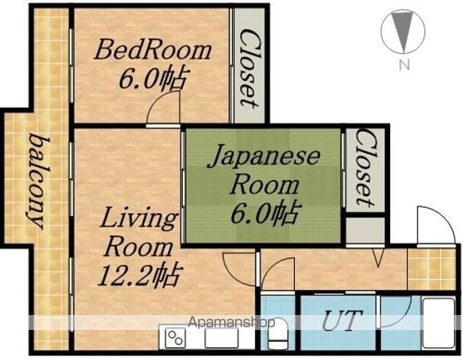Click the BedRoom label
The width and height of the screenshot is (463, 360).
(x=152, y=50)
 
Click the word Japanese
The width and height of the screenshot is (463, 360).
(x=263, y=157)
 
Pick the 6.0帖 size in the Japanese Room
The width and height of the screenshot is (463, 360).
(x=265, y=212)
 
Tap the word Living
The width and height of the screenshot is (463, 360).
(x=138, y=219)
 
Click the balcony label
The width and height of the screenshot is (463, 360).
(x=38, y=181)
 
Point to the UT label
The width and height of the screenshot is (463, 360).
(x=341, y=319)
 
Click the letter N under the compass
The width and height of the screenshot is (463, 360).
(x=404, y=65)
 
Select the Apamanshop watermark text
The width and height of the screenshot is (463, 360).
(x=231, y=322)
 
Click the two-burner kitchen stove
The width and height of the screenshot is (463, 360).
(x=176, y=338)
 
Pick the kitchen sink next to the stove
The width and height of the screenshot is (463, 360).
(x=222, y=338)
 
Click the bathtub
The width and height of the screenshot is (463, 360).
(x=439, y=323)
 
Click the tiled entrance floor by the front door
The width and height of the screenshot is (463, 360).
(x=431, y=268)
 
